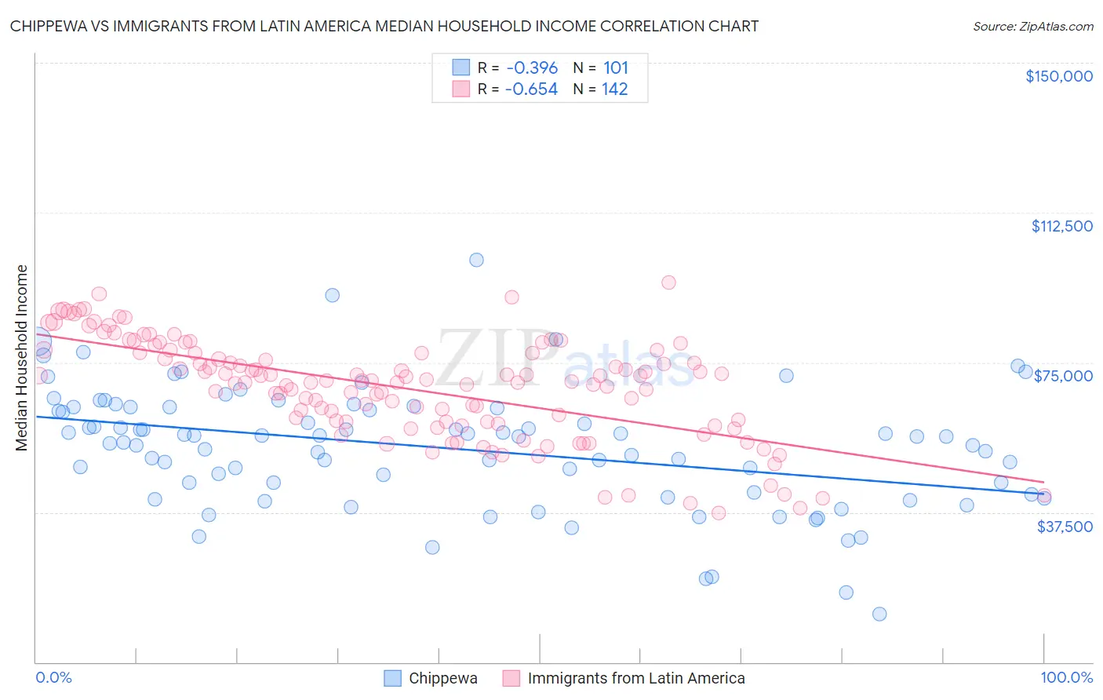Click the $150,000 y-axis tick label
(1058, 76)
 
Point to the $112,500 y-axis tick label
(1061, 226)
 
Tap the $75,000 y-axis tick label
(1063, 376)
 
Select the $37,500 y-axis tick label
(1064, 527)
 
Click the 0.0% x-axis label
(53, 678)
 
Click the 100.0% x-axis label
(1066, 678)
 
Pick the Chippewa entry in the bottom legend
(442, 678)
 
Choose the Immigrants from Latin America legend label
(635, 678)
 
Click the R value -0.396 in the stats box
(531, 68)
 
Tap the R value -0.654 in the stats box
(531, 89)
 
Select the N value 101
(615, 68)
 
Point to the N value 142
(615, 89)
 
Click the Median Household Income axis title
(22, 358)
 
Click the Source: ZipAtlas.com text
(1032, 27)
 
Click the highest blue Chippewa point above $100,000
(476, 260)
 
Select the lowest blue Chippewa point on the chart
(879, 614)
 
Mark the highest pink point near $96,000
(668, 283)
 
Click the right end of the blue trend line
(1043, 494)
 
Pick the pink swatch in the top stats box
(460, 89)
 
